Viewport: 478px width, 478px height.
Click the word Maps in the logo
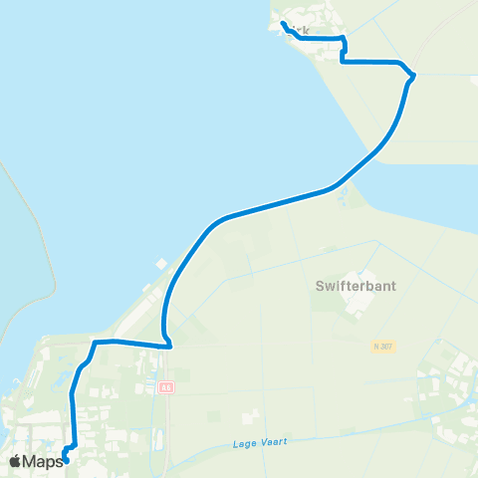[44, 461]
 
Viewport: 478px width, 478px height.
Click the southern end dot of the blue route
[66, 460]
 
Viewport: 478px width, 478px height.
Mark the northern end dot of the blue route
[283, 24]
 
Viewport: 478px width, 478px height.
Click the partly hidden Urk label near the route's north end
[302, 32]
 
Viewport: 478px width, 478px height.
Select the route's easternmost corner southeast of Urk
[412, 76]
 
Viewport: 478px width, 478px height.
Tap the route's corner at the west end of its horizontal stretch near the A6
[96, 343]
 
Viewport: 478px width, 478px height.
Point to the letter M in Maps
[32, 461]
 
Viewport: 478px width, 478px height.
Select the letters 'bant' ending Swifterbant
[379, 285]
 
